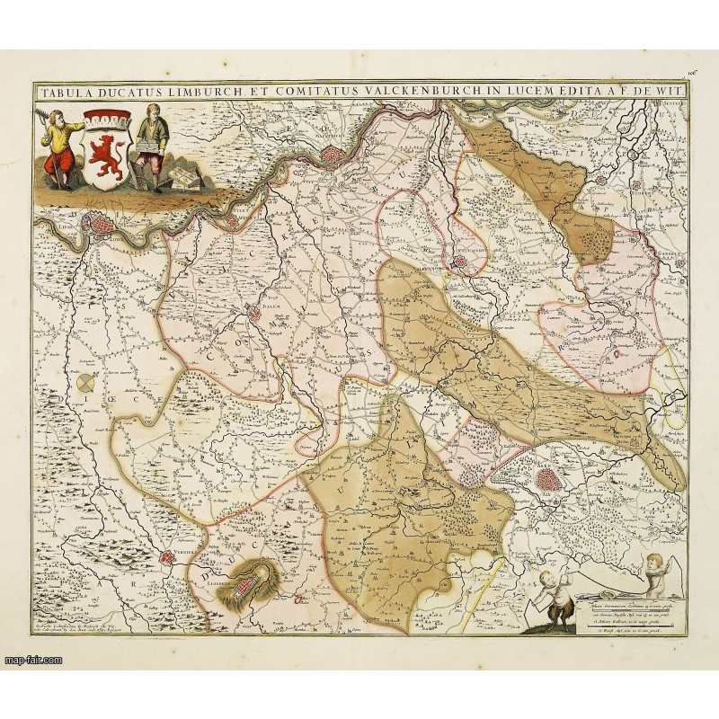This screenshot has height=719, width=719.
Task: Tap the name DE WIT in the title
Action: point(661,91)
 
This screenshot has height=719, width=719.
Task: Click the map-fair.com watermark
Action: point(32,660)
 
